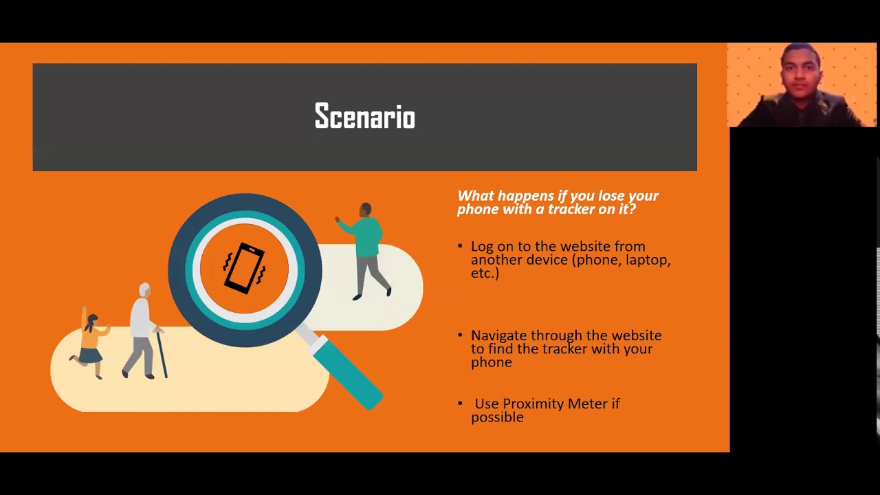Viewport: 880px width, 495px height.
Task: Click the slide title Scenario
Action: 364,117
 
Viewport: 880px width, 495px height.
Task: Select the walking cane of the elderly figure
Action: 162,353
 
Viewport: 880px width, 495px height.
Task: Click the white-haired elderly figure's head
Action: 144,289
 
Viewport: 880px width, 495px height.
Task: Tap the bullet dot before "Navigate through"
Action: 460,335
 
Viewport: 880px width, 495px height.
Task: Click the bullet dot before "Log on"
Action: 460,246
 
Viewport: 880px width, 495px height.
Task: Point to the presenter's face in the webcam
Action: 801,74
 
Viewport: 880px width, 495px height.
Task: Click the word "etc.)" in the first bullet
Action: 485,273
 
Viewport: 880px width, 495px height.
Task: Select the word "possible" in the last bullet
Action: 497,417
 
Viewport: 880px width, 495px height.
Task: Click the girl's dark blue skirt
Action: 91,355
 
